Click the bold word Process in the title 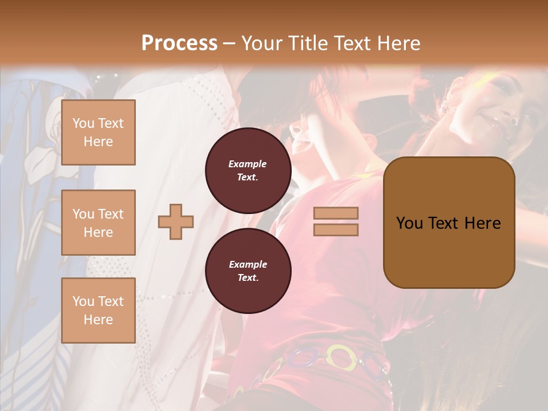coord(179,43)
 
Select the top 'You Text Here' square coord(98,132)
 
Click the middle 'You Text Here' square coord(98,223)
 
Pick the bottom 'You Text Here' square coord(98,311)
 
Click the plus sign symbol coord(176,221)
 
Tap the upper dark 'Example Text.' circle coord(248,171)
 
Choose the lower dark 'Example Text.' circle coord(248,271)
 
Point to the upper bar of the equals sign coord(336,213)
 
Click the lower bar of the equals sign coord(336,229)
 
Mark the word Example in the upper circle coord(248,164)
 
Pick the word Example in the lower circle coord(248,264)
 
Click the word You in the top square coord(83,123)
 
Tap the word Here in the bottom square coord(98,320)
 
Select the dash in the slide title coord(229,43)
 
